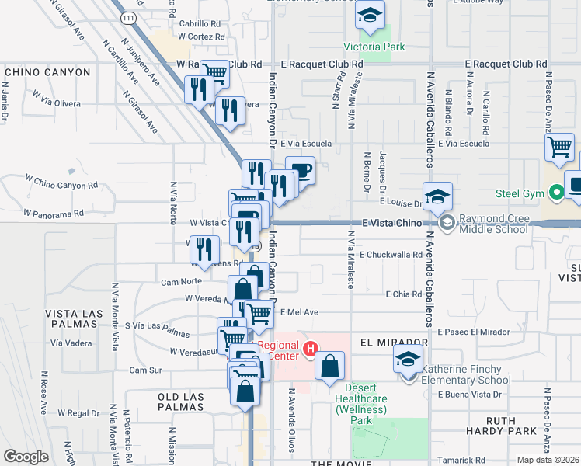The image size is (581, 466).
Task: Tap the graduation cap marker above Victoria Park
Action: [371, 16]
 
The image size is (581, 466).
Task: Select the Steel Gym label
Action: [519, 193]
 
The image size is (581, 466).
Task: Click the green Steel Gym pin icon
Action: [555, 193]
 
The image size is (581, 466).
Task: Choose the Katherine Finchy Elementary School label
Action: [465, 375]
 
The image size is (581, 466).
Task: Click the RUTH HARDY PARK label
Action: [512, 426]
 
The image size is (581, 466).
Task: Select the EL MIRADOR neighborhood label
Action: [395, 342]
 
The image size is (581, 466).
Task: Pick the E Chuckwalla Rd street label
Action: [391, 255]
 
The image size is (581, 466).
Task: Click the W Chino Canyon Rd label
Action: [61, 186]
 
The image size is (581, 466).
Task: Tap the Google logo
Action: [26, 457]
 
